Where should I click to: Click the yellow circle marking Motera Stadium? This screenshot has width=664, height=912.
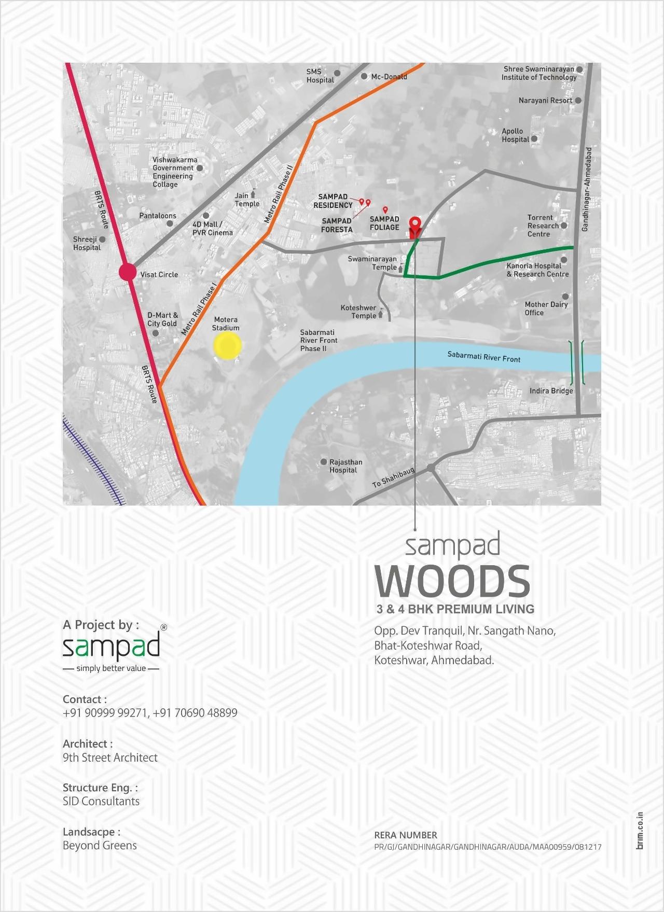click(x=227, y=346)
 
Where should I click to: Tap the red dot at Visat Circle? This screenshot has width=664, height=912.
click(x=128, y=272)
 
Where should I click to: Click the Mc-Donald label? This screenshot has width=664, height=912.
click(x=389, y=77)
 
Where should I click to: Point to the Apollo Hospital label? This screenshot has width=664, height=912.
click(x=515, y=135)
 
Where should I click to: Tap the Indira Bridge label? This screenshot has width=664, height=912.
click(x=551, y=391)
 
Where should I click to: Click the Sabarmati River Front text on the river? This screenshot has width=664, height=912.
click(x=483, y=357)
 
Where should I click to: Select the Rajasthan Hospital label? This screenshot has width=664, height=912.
click(x=345, y=466)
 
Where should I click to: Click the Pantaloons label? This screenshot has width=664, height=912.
click(x=158, y=216)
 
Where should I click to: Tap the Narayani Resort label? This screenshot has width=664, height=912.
click(x=545, y=101)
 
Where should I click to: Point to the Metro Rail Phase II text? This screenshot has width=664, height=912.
click(x=279, y=194)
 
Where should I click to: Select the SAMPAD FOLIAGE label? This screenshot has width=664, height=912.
click(x=384, y=223)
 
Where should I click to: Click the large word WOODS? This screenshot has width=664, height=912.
click(x=453, y=582)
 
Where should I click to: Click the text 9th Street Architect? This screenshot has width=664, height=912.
click(x=110, y=757)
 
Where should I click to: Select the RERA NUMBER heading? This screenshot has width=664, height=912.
click(x=405, y=835)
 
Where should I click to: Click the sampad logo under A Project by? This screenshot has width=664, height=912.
click(x=111, y=647)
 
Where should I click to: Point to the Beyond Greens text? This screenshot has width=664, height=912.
click(x=100, y=846)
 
